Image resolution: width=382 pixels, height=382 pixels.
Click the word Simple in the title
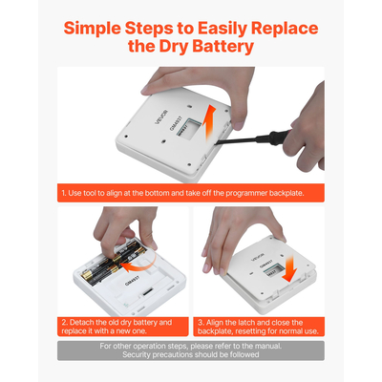(93, 29)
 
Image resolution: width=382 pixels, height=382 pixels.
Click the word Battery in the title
(223, 47)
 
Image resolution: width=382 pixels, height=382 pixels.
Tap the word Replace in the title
(285, 29)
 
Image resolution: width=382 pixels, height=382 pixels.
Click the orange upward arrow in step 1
(209, 123)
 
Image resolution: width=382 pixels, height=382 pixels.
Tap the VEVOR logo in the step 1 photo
(161, 117)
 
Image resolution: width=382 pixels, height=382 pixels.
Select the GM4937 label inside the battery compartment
(130, 280)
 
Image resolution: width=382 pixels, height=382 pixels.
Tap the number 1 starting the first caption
(64, 193)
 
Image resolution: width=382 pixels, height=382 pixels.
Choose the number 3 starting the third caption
(201, 322)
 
